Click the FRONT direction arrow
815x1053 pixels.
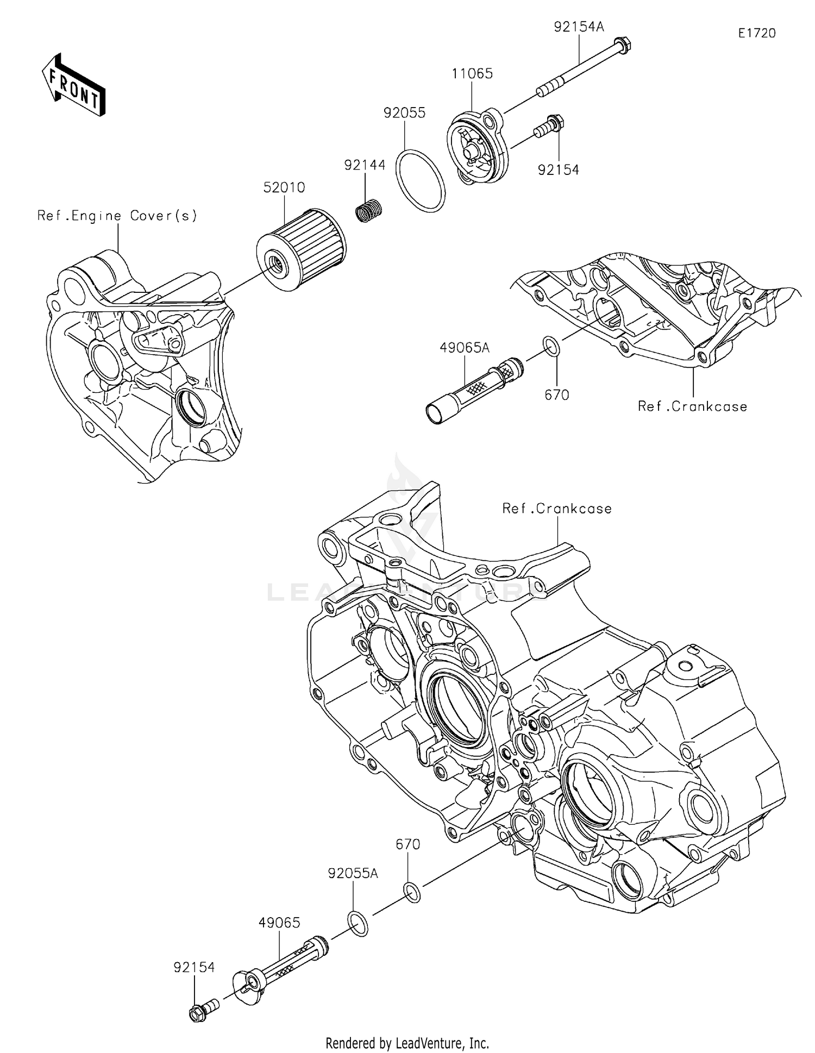point(73,85)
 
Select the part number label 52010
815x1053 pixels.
point(284,187)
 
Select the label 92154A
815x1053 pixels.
point(579,27)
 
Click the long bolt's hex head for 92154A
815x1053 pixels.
point(623,45)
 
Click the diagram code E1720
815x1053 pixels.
point(757,33)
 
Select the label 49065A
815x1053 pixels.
point(465,347)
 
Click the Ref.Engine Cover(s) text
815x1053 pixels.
point(117,216)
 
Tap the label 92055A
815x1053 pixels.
point(353,873)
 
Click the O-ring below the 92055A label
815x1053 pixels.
point(357,924)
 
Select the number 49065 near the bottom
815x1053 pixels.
point(279,923)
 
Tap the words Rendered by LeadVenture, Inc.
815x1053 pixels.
point(407,1043)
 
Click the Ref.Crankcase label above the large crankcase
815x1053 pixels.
point(557,509)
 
